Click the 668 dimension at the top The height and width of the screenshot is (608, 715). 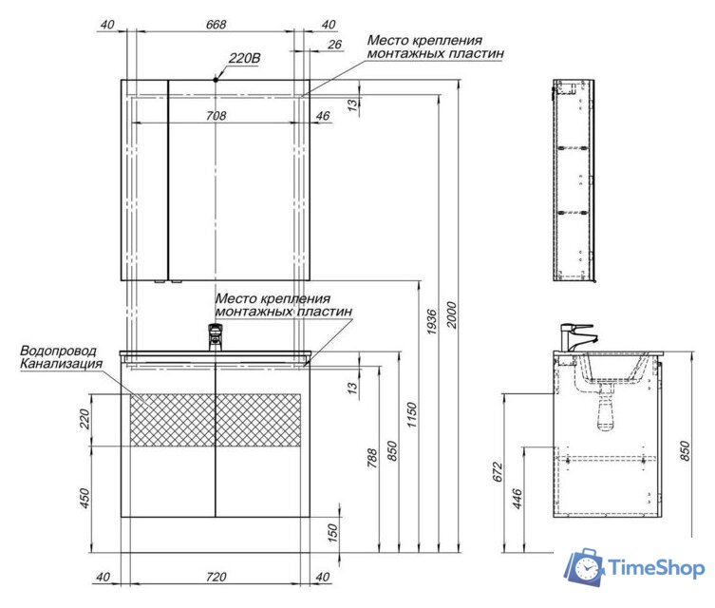[x=216, y=24]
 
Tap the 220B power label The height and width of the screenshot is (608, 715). [x=244, y=58]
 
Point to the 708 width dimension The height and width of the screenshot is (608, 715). [x=216, y=116]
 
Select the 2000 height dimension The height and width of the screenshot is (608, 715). [x=451, y=314]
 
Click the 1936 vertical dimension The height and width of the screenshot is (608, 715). [x=431, y=322]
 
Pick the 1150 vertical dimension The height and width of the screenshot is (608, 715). [x=411, y=414]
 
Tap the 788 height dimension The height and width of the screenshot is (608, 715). [x=372, y=459]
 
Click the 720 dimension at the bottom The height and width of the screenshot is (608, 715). [x=216, y=577]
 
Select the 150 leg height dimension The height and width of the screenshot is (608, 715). [x=333, y=533]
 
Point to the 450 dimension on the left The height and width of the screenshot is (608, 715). [x=85, y=499]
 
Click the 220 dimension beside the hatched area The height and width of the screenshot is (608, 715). [x=85, y=419]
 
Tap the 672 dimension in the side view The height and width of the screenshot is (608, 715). [x=498, y=472]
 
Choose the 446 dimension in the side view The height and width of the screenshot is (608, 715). [x=517, y=499]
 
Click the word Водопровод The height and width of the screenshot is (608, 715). [x=58, y=351]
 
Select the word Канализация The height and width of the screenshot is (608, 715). [x=61, y=364]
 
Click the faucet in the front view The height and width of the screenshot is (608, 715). [x=216, y=337]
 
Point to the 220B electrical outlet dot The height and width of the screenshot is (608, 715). [x=216, y=80]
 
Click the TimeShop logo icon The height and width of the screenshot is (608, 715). [x=584, y=567]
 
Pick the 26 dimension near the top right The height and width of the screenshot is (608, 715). [x=334, y=45]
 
